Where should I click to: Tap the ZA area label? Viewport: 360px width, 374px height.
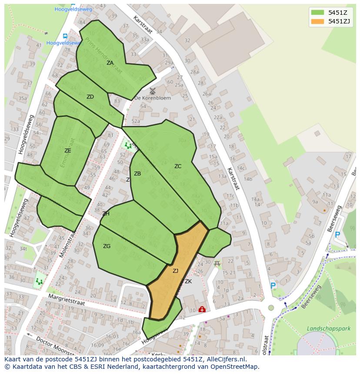[110, 63]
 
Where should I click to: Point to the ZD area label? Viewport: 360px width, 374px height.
[90, 97]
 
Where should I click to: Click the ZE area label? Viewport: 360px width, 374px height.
[67, 151]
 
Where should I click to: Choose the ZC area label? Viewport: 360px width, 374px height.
[178, 166]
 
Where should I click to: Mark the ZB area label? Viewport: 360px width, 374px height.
[137, 174]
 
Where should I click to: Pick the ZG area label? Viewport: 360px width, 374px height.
[107, 246]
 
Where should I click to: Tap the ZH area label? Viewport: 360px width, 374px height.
[106, 214]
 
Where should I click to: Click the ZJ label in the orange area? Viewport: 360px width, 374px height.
[175, 271]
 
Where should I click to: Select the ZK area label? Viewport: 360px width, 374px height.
[188, 281]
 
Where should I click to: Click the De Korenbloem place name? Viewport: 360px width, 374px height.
[153, 98]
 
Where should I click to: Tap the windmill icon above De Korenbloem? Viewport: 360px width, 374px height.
[152, 91]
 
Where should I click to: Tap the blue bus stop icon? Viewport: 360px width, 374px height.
[65, 36]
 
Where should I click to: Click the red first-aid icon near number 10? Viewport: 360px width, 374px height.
[202, 310]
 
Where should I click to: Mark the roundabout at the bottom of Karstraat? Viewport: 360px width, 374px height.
[271, 308]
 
